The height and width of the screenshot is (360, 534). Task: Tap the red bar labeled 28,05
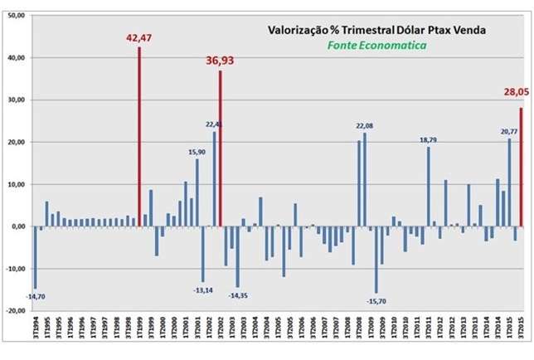point(521,167)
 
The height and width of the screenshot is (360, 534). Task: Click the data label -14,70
point(36,296)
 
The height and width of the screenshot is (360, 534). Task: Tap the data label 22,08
point(366,125)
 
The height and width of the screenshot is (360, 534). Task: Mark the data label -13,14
point(203,289)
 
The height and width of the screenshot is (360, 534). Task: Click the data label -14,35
point(239,294)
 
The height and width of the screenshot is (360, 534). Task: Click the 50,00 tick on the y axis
point(16,15)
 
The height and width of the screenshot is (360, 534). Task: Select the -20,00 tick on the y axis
point(15,311)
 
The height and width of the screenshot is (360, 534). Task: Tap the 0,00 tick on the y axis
point(17,226)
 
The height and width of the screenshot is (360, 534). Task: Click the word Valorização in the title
point(301,30)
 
